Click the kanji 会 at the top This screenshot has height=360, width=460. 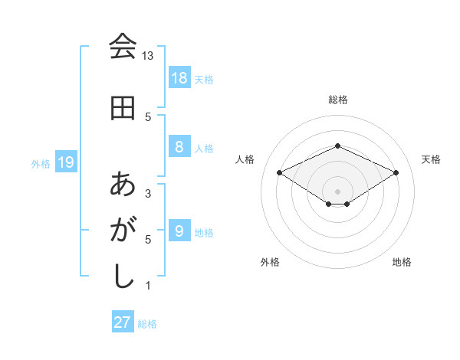click(123, 47)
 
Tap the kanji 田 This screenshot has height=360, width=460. click(123, 108)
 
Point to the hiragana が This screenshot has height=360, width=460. click(123, 230)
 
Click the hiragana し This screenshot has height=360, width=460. click(123, 276)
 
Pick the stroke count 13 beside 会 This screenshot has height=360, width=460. click(147, 56)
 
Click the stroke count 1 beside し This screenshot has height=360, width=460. click(148, 286)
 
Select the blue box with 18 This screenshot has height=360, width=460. click(179, 77)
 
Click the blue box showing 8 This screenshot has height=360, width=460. click(179, 147)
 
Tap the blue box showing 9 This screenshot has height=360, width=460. click(179, 231)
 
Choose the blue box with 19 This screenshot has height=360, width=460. click(66, 162)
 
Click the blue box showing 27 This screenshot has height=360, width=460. click(123, 322)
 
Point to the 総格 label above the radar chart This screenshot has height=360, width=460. click(338, 100)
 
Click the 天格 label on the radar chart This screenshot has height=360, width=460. click(431, 159)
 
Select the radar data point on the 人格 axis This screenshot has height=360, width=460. click(280, 172)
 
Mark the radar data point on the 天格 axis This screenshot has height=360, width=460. click(396, 172)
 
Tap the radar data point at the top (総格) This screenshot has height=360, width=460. click(338, 146)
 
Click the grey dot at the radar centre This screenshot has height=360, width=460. click(338, 190)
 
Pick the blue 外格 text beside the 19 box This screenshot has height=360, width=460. click(41, 163)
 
